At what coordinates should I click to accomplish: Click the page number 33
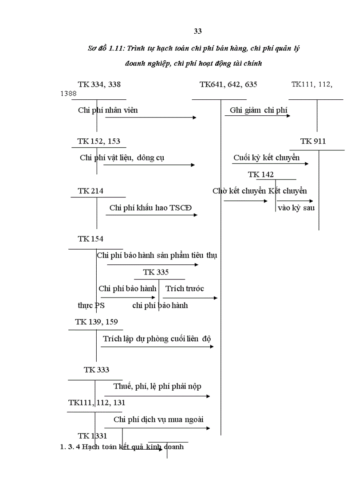[x=198, y=31]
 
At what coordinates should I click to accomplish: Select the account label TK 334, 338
[x=99, y=84]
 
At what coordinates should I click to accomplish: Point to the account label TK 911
[x=313, y=141]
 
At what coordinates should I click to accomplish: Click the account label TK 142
[x=261, y=174]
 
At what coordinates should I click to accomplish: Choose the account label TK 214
[x=90, y=191]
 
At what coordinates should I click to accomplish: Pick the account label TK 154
[x=90, y=239]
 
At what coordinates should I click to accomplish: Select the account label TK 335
[x=156, y=272]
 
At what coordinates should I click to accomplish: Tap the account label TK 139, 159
[x=97, y=322]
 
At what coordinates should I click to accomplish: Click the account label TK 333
[x=97, y=369]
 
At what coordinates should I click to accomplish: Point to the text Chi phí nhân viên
[x=108, y=110]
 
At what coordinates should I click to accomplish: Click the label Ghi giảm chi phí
[x=259, y=110]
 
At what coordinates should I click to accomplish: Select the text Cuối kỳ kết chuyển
[x=267, y=157]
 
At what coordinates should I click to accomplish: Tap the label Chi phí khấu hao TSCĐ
[x=151, y=208]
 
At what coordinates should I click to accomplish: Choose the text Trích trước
[x=185, y=288]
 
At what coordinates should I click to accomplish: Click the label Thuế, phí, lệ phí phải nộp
[x=157, y=386]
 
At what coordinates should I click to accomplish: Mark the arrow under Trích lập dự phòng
[x=157, y=346]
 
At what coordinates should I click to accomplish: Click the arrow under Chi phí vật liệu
[x=149, y=165]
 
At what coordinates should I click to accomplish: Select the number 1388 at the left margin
[x=68, y=94]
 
